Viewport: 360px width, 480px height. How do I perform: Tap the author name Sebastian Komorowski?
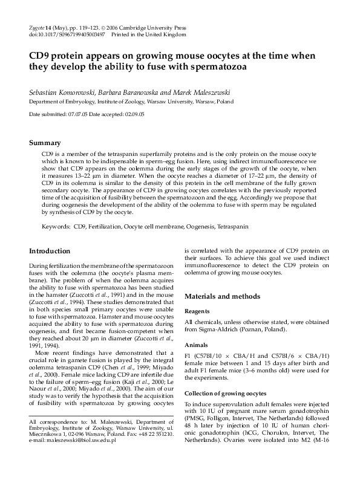[x=62, y=93]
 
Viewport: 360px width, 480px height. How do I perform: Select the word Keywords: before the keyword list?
[x=56, y=226]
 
